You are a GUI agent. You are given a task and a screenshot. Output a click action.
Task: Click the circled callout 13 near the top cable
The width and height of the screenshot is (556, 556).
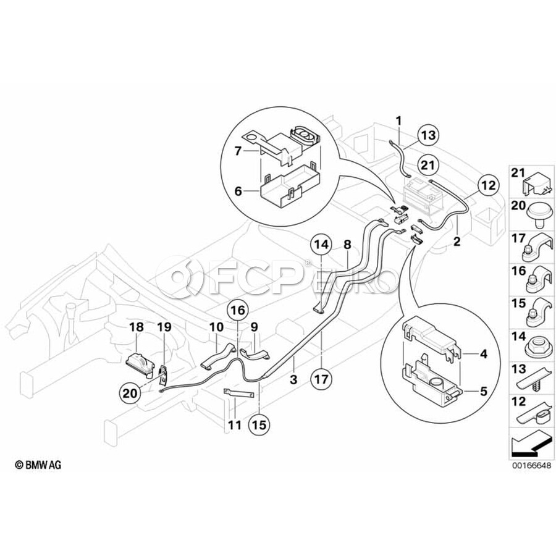429,135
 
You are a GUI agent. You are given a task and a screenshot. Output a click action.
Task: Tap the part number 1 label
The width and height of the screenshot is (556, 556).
399,119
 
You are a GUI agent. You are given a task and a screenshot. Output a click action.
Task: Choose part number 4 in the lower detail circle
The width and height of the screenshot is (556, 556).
484,354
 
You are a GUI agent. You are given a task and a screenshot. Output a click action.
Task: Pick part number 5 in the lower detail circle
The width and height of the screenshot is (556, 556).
484,390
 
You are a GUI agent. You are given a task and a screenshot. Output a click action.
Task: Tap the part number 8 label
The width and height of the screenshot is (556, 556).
347,245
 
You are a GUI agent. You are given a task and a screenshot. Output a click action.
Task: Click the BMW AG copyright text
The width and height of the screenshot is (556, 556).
39,465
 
